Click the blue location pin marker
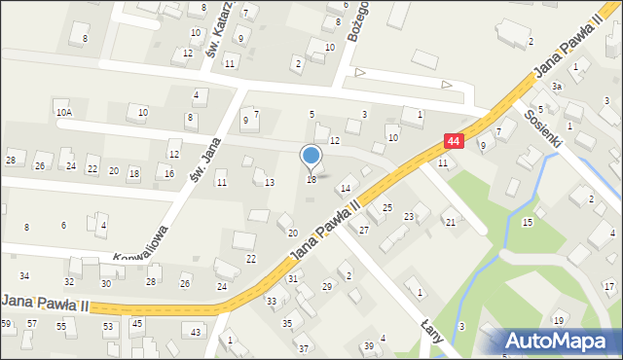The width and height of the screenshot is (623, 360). pyautogui.click(x=311, y=156)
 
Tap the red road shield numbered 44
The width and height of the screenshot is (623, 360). pyautogui.click(x=454, y=141)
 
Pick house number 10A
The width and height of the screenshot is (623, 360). pyautogui.click(x=64, y=113)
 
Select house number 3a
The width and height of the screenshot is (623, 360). pyautogui.click(x=557, y=87)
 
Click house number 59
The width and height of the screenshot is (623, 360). pyautogui.click(x=7, y=323)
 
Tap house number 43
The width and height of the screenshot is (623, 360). pyautogui.click(x=197, y=333)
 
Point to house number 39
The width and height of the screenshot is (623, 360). pyautogui.click(x=369, y=346)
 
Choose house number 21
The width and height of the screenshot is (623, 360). pyautogui.click(x=450, y=223)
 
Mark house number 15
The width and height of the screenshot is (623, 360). pyautogui.click(x=528, y=223)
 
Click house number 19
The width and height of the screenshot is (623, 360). pyautogui.click(x=558, y=321)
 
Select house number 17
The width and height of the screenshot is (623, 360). pyautogui.click(x=608, y=286)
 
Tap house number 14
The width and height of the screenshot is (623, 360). pyautogui.click(x=345, y=188)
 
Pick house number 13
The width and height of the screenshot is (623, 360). pyautogui.click(x=270, y=182)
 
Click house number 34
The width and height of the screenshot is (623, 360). pyautogui.click(x=24, y=276)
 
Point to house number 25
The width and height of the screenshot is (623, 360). pyautogui.click(x=386, y=208)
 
